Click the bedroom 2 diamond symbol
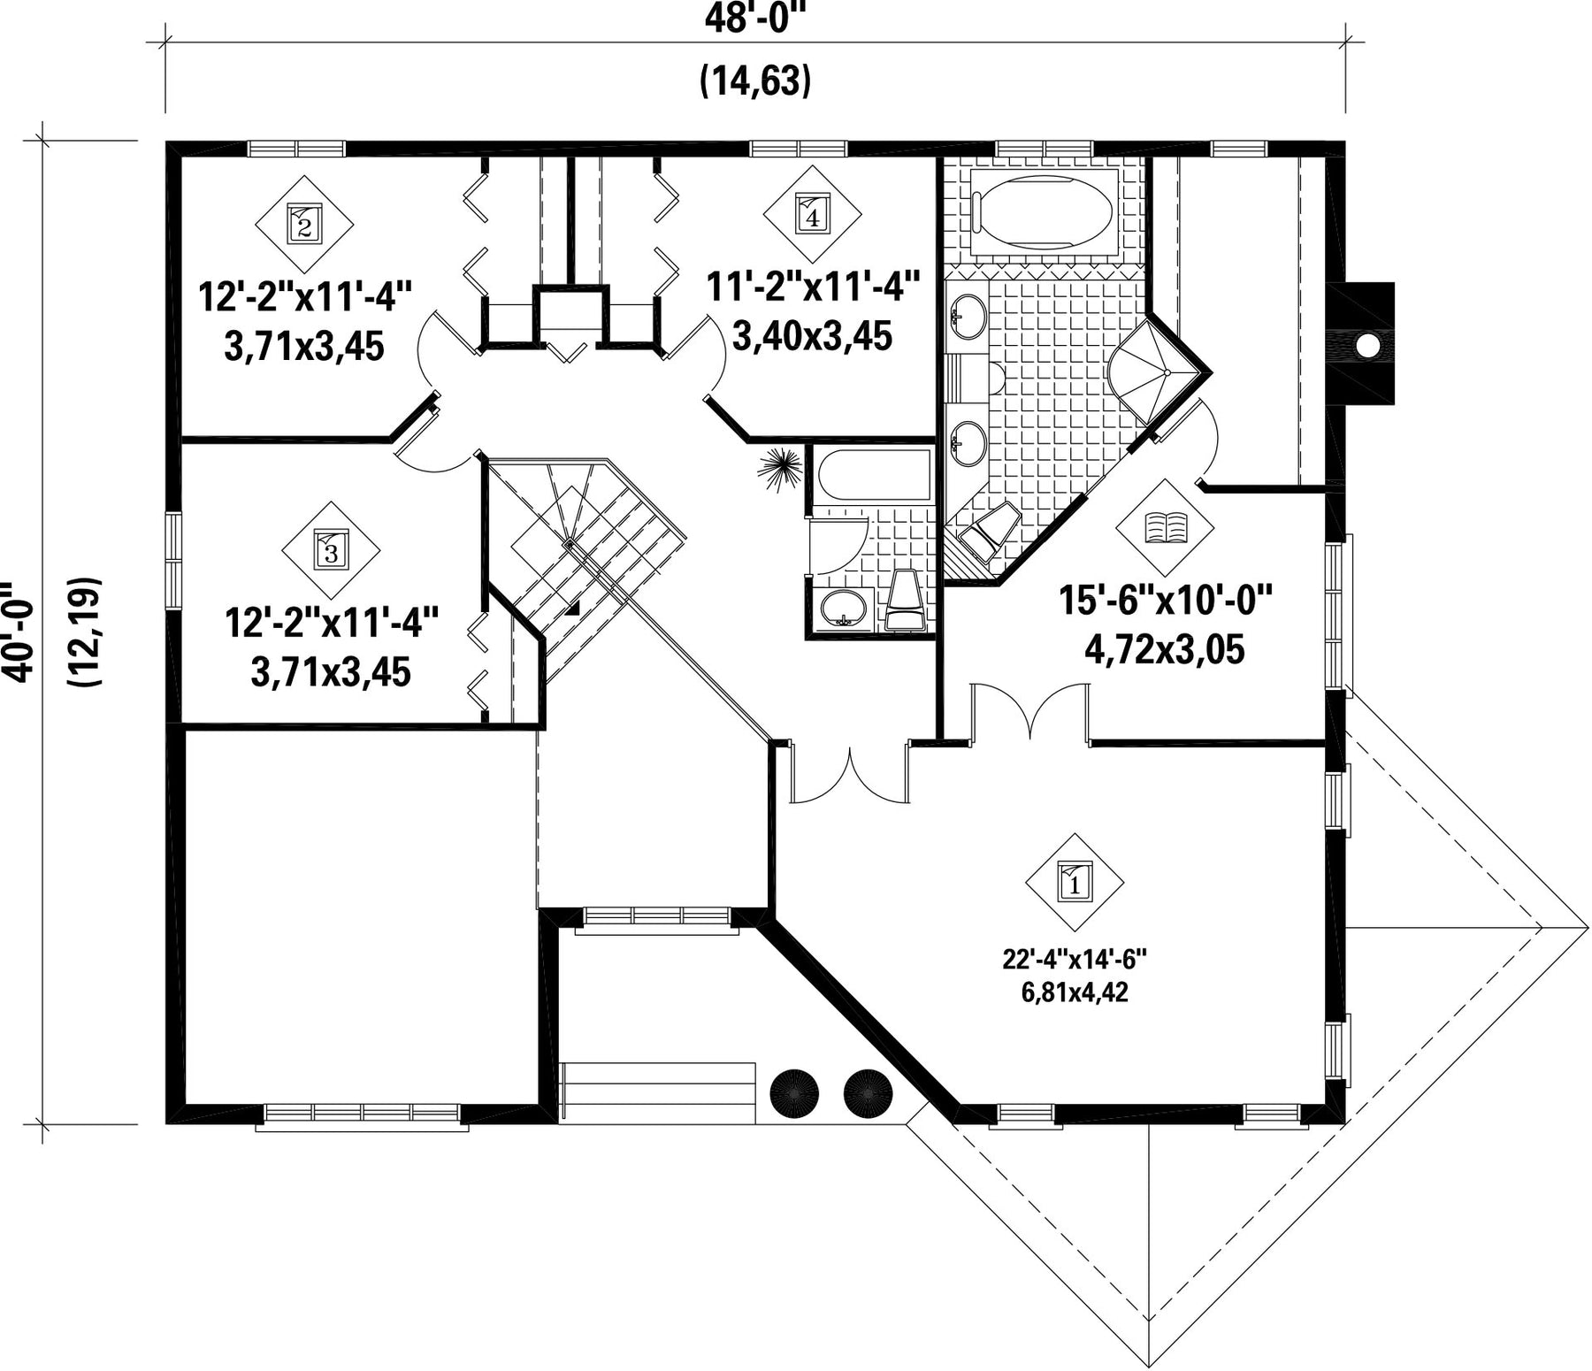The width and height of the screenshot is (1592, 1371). (x=304, y=225)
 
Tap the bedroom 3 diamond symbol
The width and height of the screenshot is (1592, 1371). (x=331, y=552)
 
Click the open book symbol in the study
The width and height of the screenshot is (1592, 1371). (x=1166, y=528)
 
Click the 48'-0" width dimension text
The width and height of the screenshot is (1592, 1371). (x=756, y=19)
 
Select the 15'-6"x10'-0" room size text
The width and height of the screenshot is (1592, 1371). (x=1165, y=604)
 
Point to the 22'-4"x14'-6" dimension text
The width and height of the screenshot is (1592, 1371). (x=1075, y=959)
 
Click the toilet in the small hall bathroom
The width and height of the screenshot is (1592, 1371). (x=904, y=601)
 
